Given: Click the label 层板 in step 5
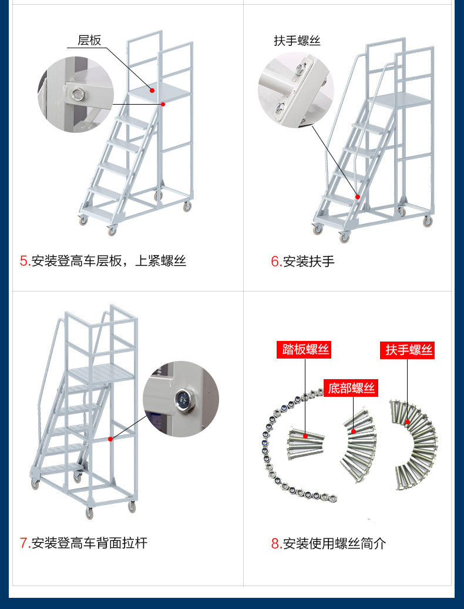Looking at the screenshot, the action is click(89, 40).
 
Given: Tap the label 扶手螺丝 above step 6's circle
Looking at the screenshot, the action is click(297, 41).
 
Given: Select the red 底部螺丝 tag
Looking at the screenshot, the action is click(351, 388).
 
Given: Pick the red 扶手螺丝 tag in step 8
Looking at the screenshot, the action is click(409, 350).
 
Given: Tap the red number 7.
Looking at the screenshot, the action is click(24, 543).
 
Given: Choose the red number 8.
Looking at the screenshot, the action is click(275, 543).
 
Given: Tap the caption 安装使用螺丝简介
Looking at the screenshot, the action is click(335, 543).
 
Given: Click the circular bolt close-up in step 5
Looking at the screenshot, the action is click(75, 94).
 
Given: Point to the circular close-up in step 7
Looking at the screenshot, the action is click(180, 399).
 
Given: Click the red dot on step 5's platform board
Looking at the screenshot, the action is click(152, 91).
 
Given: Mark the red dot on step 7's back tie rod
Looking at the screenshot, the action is click(110, 439).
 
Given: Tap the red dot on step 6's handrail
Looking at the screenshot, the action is click(357, 196).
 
